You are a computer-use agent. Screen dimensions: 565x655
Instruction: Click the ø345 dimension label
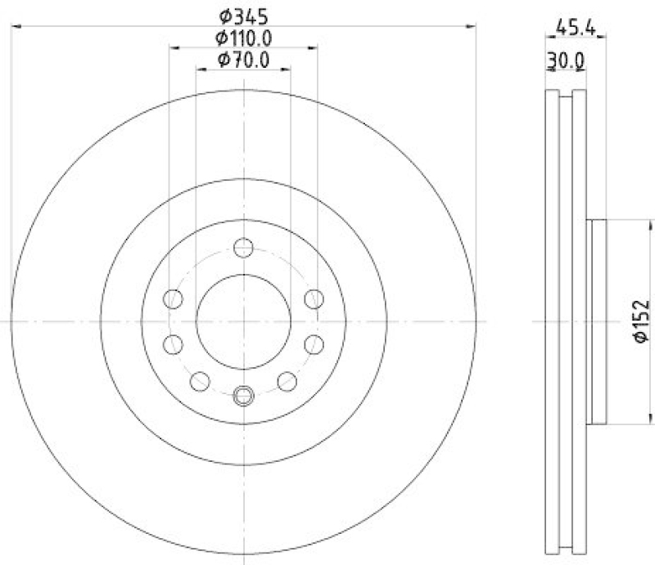[x=243, y=16]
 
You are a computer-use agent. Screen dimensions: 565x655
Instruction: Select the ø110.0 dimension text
[x=243, y=38]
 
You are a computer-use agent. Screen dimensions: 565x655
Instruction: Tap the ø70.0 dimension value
[x=243, y=60]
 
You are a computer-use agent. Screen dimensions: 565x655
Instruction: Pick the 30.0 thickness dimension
[x=566, y=60]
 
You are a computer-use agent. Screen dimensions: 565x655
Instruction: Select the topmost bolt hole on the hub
[x=243, y=247]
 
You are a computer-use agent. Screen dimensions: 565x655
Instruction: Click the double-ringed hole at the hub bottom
[x=243, y=397]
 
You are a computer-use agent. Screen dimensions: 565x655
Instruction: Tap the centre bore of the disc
[x=243, y=321]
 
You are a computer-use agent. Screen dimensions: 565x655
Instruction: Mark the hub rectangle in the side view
[x=598, y=321]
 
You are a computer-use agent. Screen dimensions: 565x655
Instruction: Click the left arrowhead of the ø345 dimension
[x=16, y=27]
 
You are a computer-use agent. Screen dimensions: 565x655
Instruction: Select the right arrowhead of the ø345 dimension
[x=471, y=27]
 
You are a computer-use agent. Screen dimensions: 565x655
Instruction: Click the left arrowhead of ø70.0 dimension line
[x=201, y=70]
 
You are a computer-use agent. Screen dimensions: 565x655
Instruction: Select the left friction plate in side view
[x=551, y=321]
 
